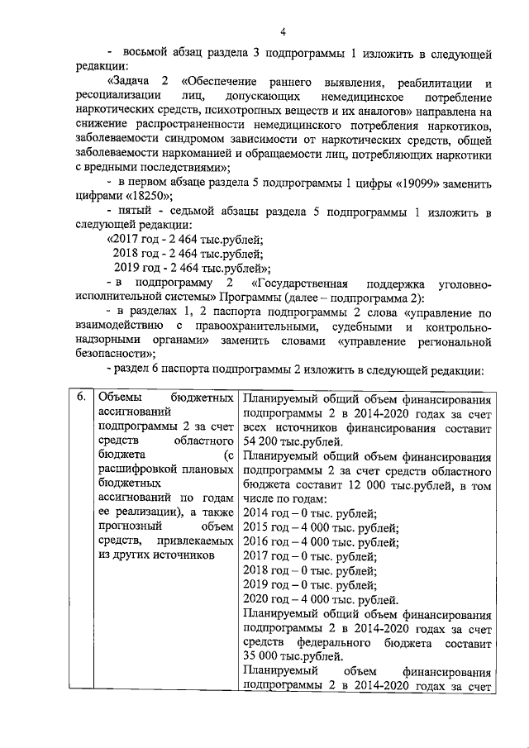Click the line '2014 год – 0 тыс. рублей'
tap(310, 513)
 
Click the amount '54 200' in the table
tap(262, 441)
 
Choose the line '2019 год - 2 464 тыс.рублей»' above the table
tap(190, 269)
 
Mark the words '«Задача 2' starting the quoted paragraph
tap(141, 83)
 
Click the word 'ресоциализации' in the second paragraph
tap(118, 97)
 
